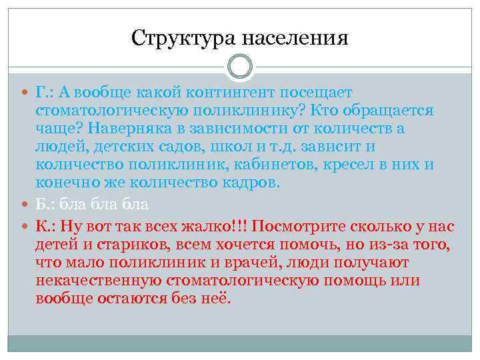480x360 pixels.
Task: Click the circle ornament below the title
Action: pyautogui.click(x=240, y=67)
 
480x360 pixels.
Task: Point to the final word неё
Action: pyautogui.click(x=215, y=298)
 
